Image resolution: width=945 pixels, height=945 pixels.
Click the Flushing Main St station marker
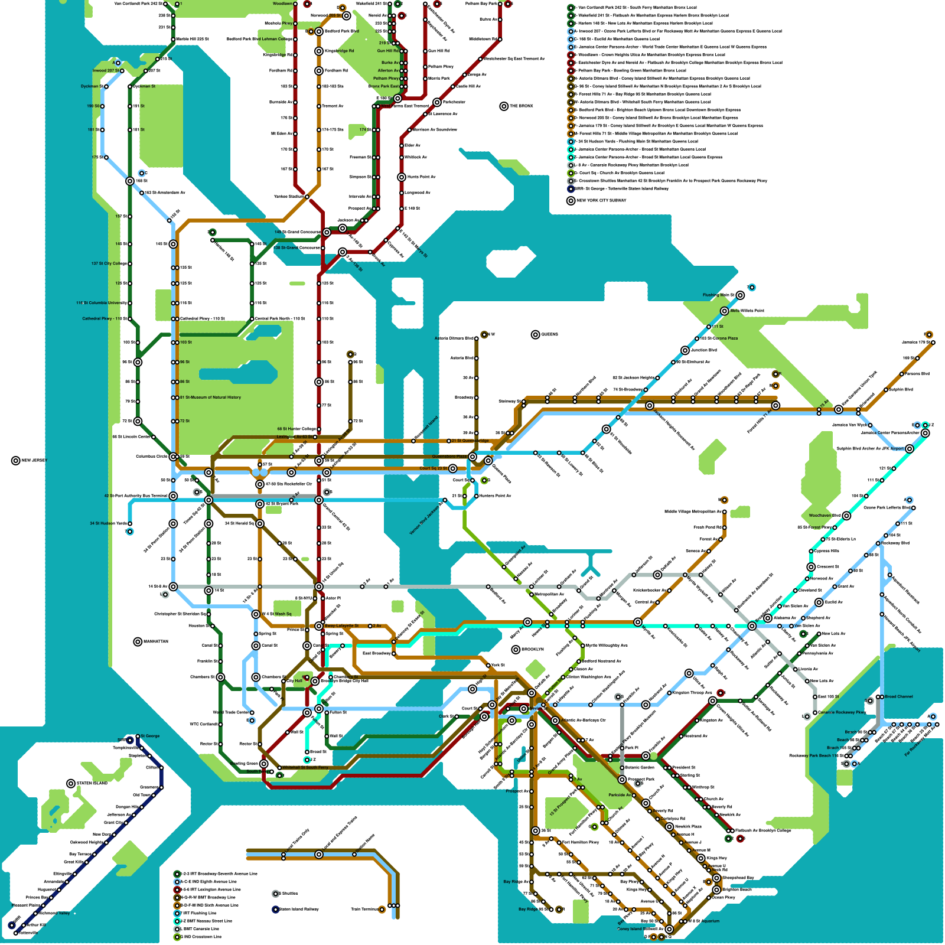click(740, 295)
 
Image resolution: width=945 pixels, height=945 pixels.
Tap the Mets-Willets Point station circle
click(725, 311)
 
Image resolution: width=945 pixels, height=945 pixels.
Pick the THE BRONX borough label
click(521, 106)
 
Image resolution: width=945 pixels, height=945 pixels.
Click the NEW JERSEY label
click(34, 460)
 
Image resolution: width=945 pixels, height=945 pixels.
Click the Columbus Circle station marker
click(173, 457)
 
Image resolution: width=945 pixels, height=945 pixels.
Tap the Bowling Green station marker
click(264, 764)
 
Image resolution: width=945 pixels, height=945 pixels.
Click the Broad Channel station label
click(898, 696)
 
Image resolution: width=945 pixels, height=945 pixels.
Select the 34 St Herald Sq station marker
click(260, 523)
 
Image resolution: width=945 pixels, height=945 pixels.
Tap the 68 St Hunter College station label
click(296, 429)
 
